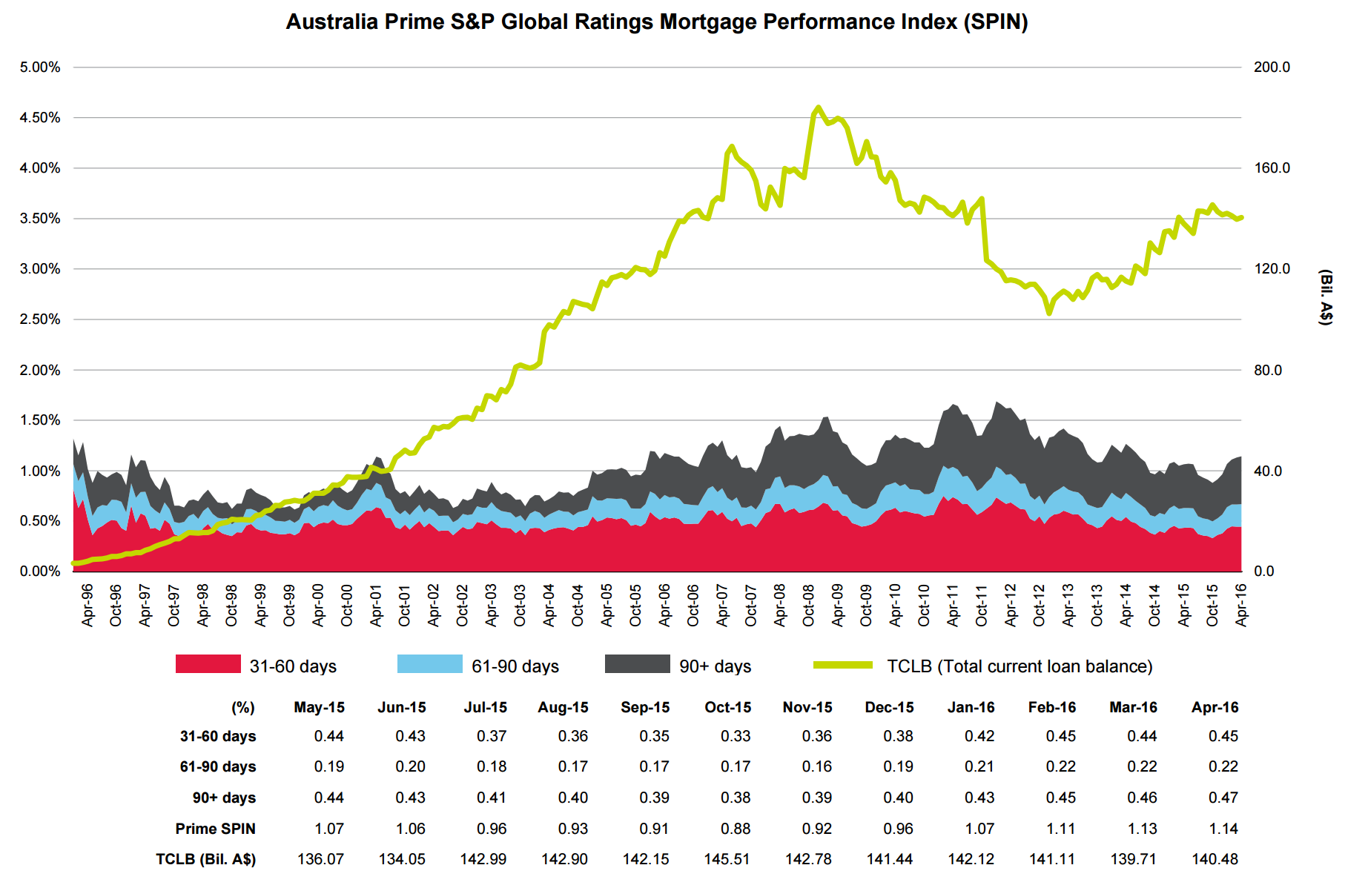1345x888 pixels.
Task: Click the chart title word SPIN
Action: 994,21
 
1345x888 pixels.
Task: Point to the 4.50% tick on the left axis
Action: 40,118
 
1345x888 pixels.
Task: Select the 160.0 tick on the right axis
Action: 1272,168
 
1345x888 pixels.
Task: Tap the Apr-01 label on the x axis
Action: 376,606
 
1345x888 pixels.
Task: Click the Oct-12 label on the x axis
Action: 1040,606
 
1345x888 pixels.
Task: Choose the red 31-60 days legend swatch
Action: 208,664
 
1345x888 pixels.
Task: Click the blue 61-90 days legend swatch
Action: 429,664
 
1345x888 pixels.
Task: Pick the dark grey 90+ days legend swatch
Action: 637,664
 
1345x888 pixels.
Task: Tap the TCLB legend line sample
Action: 843,665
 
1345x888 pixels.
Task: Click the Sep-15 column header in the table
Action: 645,707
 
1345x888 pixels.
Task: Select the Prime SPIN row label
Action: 215,829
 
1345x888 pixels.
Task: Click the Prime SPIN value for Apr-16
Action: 1223,829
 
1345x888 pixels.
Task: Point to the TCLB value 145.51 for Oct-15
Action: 727,859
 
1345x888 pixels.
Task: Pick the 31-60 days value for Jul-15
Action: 491,736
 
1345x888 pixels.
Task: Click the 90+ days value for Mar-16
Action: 1142,798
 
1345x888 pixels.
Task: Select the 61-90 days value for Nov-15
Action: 816,766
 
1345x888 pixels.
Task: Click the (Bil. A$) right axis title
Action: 1325,297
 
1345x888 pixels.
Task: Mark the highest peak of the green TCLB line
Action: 818,107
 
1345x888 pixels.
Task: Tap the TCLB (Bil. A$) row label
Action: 205,859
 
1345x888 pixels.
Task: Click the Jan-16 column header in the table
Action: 971,707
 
